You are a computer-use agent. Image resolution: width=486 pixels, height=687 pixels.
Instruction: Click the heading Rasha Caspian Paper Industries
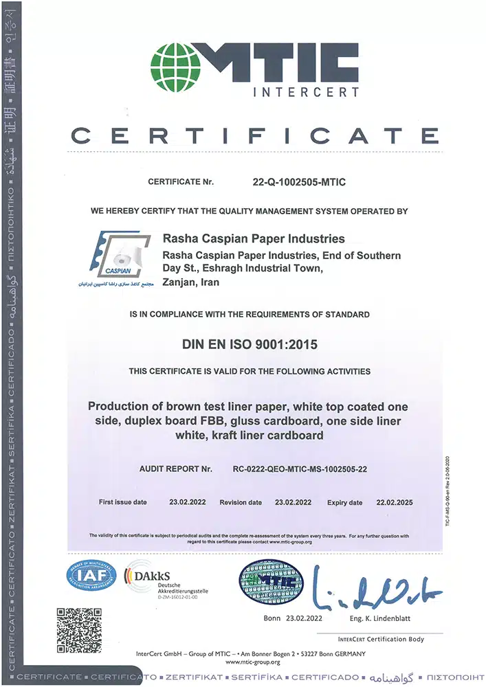click(x=252, y=239)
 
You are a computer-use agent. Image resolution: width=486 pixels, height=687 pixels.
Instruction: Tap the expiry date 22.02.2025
click(x=395, y=502)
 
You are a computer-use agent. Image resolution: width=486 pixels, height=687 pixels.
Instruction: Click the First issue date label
click(x=123, y=502)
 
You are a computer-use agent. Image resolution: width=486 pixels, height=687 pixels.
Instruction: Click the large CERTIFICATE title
click(x=255, y=135)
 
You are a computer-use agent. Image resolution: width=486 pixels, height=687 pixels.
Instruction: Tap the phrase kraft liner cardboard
click(x=268, y=436)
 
